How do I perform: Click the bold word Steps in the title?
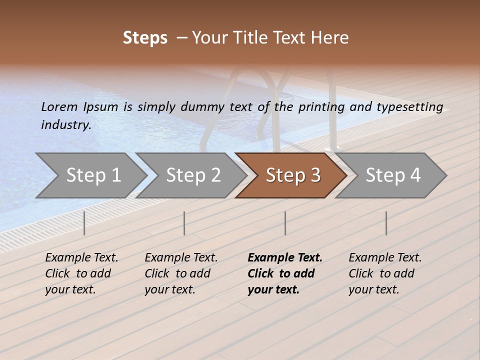(145, 38)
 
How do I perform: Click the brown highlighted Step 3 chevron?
(291, 175)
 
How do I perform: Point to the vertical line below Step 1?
(84, 223)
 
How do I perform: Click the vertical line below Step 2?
(184, 223)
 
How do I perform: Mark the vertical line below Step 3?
(285, 223)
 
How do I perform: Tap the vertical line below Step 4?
(386, 223)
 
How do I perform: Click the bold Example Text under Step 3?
(285, 258)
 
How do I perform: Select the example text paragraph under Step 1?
(81, 273)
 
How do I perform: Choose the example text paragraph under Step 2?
(181, 273)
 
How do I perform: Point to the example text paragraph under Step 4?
(385, 273)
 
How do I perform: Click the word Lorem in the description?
(59, 107)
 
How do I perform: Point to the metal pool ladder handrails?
(280, 100)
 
